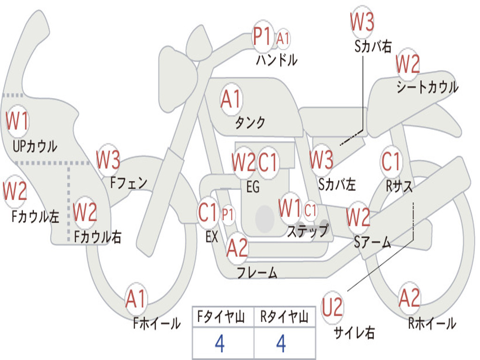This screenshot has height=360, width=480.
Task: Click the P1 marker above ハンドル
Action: [262, 37]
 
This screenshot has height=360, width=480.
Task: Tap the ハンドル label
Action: [277, 60]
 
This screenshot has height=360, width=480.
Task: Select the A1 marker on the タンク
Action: [231, 99]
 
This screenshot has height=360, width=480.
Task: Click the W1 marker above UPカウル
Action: [17, 120]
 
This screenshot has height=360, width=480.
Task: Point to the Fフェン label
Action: [128, 183]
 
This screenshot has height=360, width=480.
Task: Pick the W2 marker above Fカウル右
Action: [85, 212]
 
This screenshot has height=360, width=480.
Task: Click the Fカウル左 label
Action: [35, 216]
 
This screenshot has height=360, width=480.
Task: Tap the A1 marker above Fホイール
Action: [135, 299]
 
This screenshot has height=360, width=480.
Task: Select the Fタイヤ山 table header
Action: [221, 316]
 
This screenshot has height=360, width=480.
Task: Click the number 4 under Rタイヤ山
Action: [281, 344]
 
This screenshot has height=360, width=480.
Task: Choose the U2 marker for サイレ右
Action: [332, 307]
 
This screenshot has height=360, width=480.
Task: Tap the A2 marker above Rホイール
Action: [409, 298]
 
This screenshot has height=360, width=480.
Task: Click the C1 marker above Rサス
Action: [390, 161]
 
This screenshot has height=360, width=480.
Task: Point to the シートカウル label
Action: [427, 87]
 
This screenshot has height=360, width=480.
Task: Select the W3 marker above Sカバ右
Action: [362, 22]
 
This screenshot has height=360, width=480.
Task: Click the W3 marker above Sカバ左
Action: [321, 159]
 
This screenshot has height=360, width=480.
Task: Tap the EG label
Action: [253, 187]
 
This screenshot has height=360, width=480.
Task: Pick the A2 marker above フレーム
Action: [237, 247]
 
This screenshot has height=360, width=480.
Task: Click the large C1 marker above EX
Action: [207, 212]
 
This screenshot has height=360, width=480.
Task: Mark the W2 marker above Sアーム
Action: [358, 217]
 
